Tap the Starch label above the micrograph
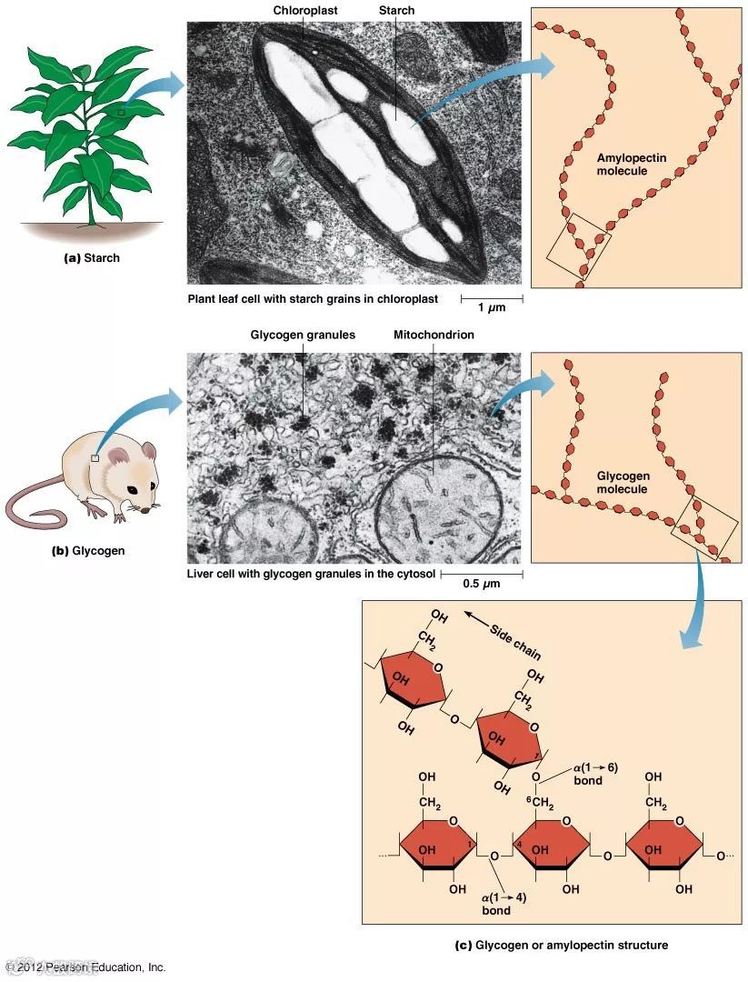[396, 10]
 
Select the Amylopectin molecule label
[631, 165]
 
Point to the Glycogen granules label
[303, 335]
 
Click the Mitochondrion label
[434, 335]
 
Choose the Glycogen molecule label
[623, 482]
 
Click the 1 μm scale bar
[492, 298]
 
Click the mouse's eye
[133, 490]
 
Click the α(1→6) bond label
[594, 774]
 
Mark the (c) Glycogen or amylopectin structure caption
[561, 945]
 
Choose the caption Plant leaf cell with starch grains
[313, 298]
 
